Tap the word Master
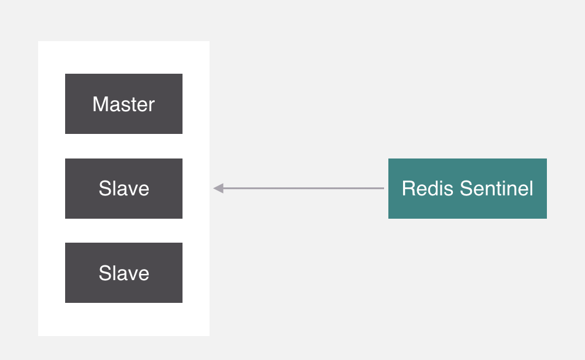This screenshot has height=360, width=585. pyautogui.click(x=124, y=104)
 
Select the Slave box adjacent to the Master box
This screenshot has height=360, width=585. pyautogui.click(x=124, y=188)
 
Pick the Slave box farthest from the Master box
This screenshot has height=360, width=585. pyautogui.click(x=124, y=272)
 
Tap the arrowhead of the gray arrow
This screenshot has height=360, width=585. pyautogui.click(x=218, y=188)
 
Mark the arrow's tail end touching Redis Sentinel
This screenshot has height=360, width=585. pyautogui.click(x=383, y=188)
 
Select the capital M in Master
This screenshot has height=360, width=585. pyautogui.click(x=100, y=104)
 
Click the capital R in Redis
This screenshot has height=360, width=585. pyautogui.click(x=407, y=188)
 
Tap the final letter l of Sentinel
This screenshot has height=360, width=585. pyautogui.click(x=531, y=188)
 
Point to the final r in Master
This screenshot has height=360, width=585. pyautogui.click(x=152, y=104)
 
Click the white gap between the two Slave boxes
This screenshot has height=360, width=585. pyautogui.click(x=124, y=230)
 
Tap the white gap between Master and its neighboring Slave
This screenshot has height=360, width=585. pyautogui.click(x=124, y=146)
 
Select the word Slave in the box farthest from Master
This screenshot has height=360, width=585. pyautogui.click(x=124, y=273)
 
